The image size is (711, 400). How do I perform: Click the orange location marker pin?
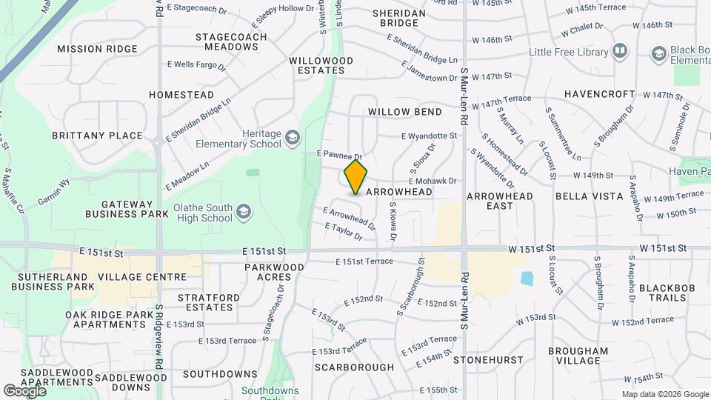click(355, 176)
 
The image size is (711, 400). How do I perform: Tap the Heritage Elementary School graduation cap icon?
click(293, 138)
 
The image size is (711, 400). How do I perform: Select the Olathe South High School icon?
click(243, 213)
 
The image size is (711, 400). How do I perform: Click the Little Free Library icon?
click(619, 52)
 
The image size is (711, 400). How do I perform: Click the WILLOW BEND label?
click(405, 112)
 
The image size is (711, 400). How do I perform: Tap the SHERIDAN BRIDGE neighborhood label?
click(399, 18)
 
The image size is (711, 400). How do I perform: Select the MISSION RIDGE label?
click(98, 49)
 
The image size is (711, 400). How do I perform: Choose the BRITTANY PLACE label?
click(97, 136)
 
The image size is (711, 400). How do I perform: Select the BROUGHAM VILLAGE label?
click(578, 356)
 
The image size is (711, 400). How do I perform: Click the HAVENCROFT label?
click(600, 94)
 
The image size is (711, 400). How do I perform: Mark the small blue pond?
click(527, 279)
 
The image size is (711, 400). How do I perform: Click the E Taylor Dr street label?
click(342, 233)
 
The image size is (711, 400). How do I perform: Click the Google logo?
click(25, 390)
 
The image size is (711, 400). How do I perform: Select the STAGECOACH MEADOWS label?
click(227, 41)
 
